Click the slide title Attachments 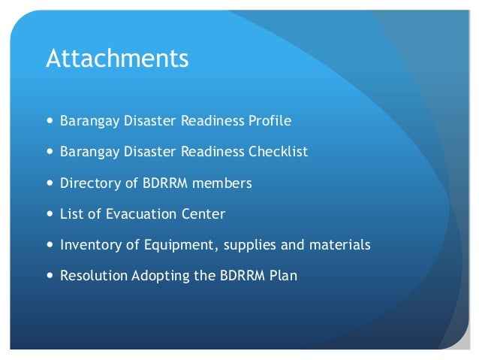(x=117, y=59)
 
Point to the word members (x=225, y=183)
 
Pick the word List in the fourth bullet (x=71, y=214)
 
